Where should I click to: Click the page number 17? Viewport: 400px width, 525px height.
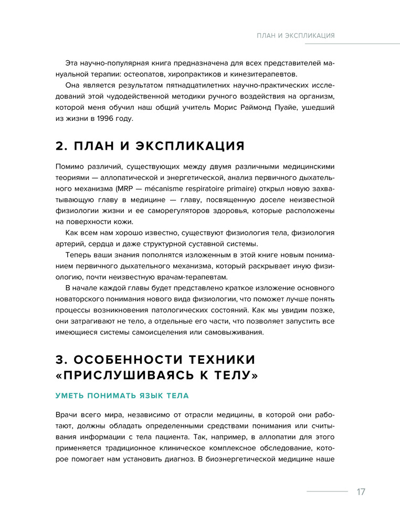360,492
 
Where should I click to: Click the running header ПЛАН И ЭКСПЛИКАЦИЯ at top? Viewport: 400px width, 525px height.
296,36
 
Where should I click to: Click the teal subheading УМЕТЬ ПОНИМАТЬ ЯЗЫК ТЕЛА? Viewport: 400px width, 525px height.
122,395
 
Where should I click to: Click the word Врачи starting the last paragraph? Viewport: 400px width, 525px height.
67,414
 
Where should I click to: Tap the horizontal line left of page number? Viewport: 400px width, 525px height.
327,492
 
